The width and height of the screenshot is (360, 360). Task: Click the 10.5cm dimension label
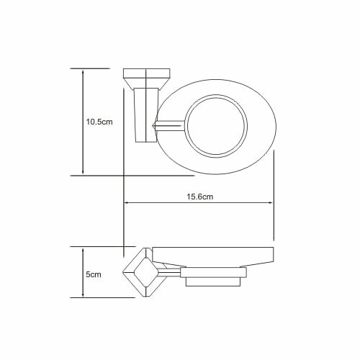tap(99, 122)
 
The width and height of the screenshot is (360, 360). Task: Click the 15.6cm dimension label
tap(200, 197)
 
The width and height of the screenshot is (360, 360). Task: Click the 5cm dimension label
tap(94, 274)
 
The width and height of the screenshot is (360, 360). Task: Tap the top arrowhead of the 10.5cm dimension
tap(83, 72)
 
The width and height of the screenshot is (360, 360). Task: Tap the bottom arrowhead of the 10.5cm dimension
tap(83, 171)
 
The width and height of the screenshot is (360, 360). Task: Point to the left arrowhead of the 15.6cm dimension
tap(127, 203)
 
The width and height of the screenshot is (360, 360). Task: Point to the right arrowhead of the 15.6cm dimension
tap(270, 203)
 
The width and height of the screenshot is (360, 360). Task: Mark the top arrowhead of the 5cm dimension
tap(83, 251)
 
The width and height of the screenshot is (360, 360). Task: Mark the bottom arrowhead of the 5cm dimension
tap(83, 294)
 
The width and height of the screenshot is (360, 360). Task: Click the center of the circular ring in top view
tap(216, 126)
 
